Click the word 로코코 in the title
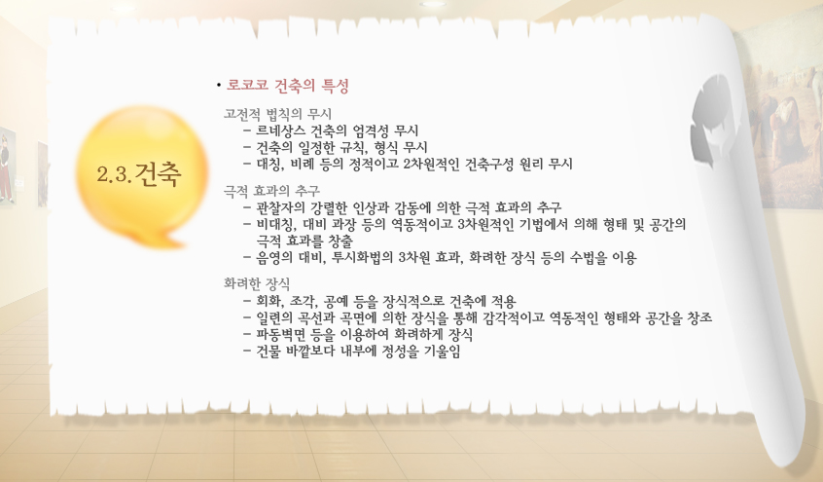[247, 85]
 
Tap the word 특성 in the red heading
[335, 85]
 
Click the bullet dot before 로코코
[218, 85]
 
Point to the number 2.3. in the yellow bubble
[114, 174]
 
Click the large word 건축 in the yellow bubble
[158, 174]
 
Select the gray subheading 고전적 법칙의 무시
[277, 114]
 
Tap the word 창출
[340, 241]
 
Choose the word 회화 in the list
[269, 301]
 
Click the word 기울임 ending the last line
[446, 351]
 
